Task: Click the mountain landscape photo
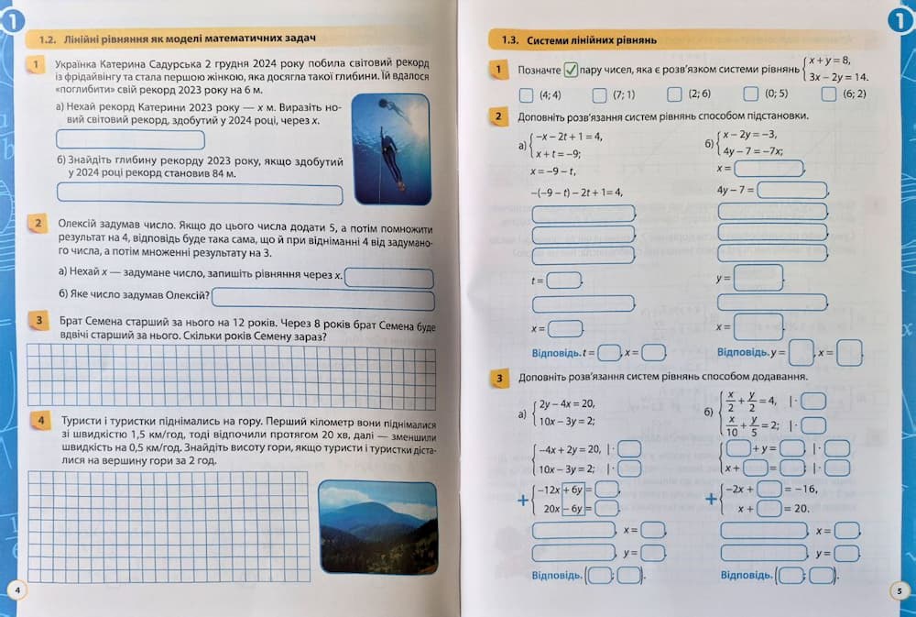pyautogui.click(x=376, y=526)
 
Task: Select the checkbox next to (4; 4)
pyautogui.click(x=525, y=94)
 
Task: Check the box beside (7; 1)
pyautogui.click(x=599, y=94)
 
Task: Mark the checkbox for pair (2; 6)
pyautogui.click(x=674, y=94)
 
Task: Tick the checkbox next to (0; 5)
pyautogui.click(x=750, y=94)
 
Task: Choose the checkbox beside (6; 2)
pyautogui.click(x=829, y=94)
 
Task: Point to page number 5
pyautogui.click(x=900, y=591)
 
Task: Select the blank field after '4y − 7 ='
pyautogui.click(x=792, y=190)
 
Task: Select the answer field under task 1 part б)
pyautogui.click(x=199, y=194)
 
